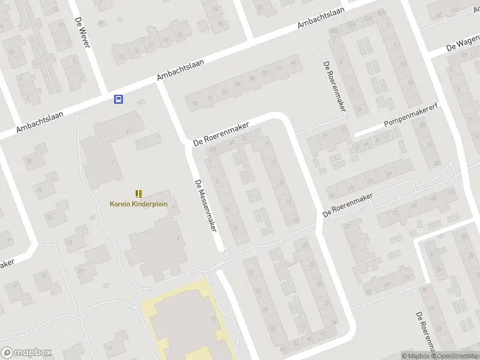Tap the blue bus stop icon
pyautogui.click(x=119, y=100)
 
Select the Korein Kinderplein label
pyautogui.click(x=139, y=203)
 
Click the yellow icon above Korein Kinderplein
pyautogui.click(x=139, y=193)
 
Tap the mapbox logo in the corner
pyautogui.click(x=27, y=353)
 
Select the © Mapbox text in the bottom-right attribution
pyautogui.click(x=416, y=356)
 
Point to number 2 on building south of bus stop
pyautogui.click(x=127, y=131)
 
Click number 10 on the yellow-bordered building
pyautogui.click(x=214, y=319)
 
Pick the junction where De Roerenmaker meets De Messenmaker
pyautogui.click(x=188, y=146)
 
